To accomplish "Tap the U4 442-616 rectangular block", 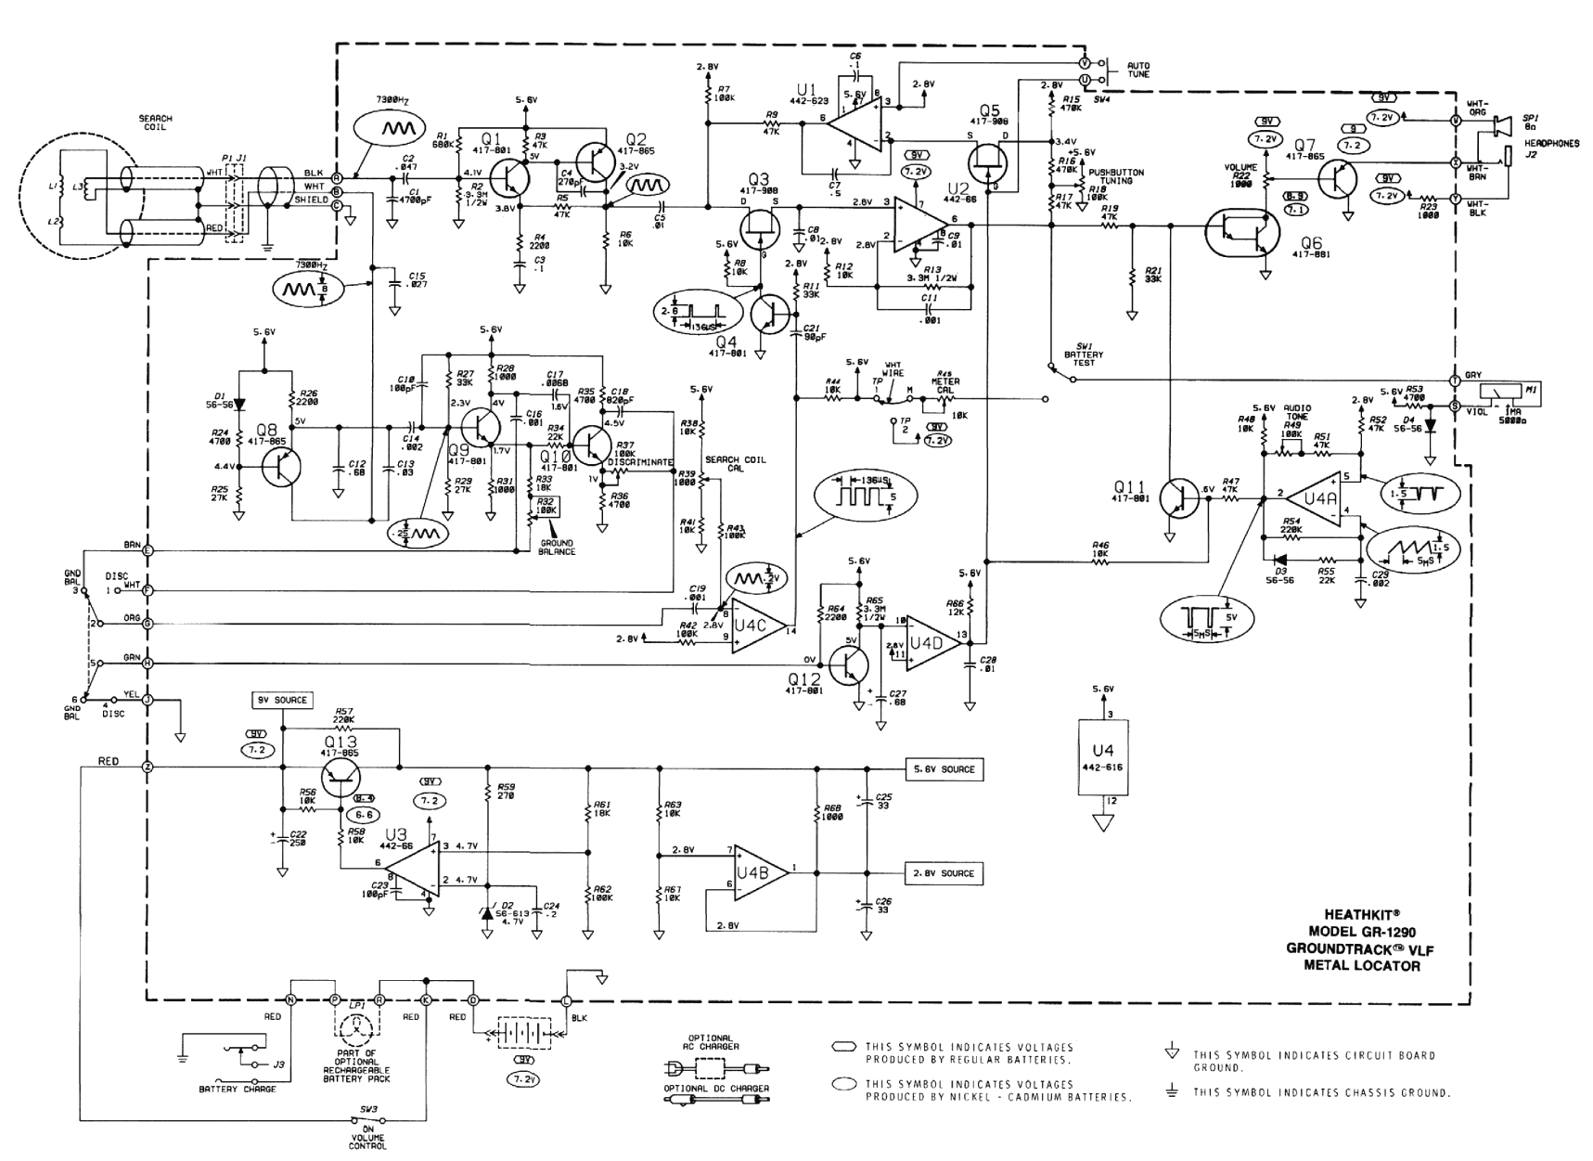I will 1102,755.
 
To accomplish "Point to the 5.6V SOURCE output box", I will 944,769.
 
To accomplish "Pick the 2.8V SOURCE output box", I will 944,873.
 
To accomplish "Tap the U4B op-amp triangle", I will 758,872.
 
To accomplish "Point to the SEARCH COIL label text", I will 155,123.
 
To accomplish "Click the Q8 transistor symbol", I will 281,467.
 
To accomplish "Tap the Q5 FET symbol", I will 990,164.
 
